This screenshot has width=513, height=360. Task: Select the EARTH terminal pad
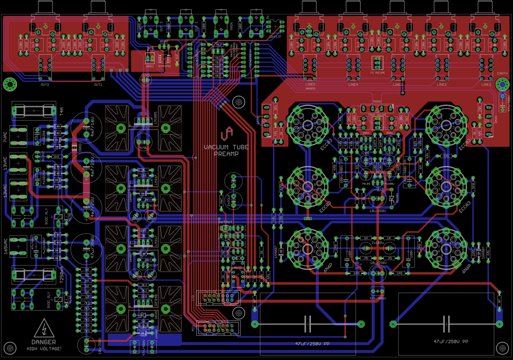(502, 84)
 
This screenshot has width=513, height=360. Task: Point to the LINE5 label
(310, 85)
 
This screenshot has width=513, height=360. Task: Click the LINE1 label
(486, 85)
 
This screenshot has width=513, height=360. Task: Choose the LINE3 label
(397, 85)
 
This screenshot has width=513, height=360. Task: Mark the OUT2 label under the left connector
(45, 85)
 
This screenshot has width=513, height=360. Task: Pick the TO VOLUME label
(377, 72)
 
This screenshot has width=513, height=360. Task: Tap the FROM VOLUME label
(377, 115)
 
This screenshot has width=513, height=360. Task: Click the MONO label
(377, 102)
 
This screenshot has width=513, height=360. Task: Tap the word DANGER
(44, 342)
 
